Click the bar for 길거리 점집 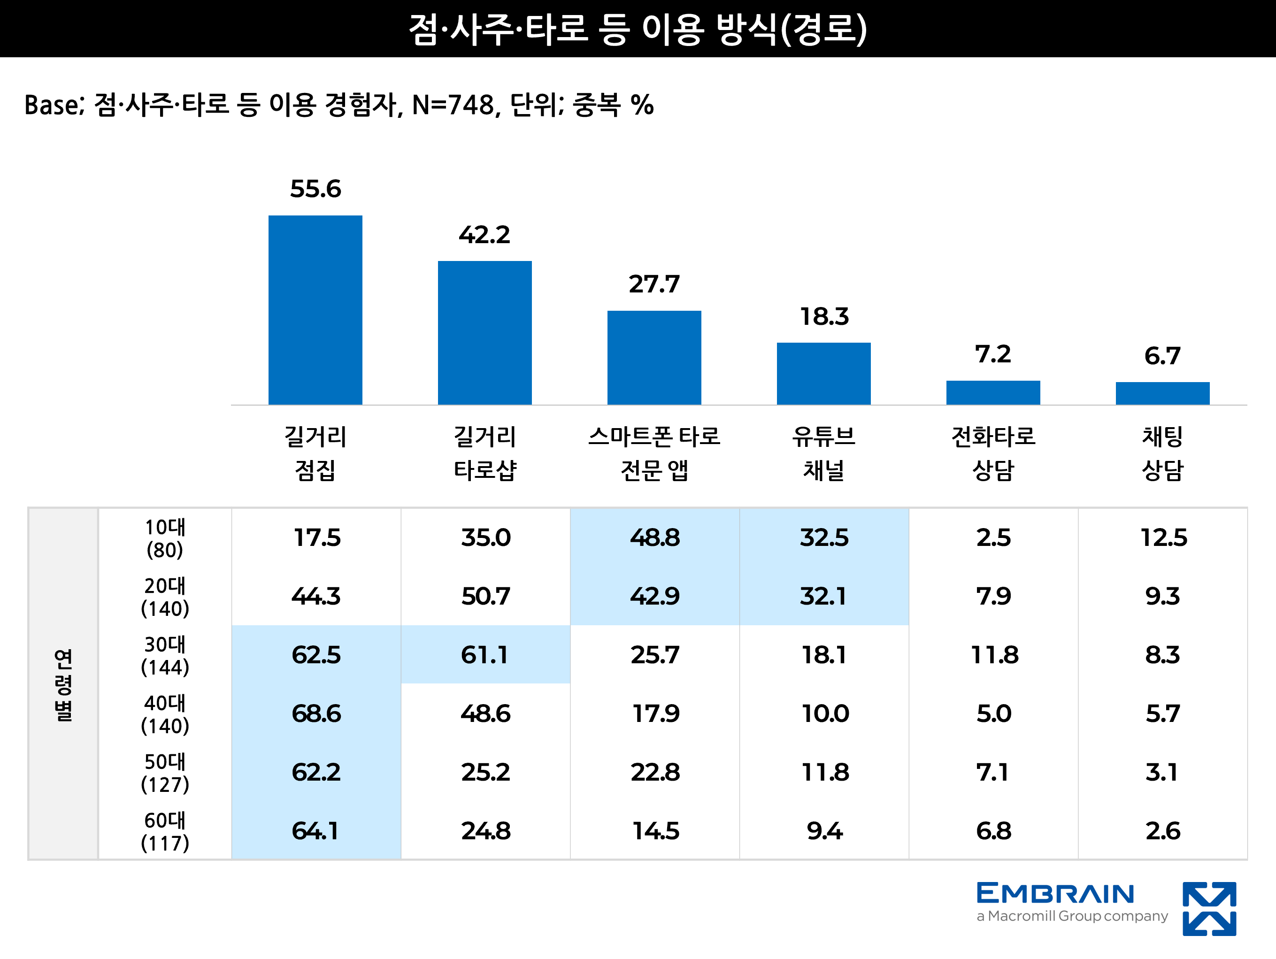coord(315,310)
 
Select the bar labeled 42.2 coord(484,333)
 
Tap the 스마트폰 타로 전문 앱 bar coord(653,358)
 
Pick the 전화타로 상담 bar coord(993,392)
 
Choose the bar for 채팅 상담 coord(1162,393)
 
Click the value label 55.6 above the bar coord(315,189)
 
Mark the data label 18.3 coord(824,316)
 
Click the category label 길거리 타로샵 coord(484,453)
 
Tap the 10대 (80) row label coord(165,538)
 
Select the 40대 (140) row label coord(165,714)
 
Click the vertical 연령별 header coord(63,684)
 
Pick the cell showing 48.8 coord(655,538)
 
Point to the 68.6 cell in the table coord(316,714)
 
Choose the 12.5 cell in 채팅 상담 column coord(1163,538)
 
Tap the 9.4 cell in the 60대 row coord(824,831)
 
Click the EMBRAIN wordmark coord(1055,893)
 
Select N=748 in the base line coord(454,106)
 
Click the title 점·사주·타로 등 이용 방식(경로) coord(638,29)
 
